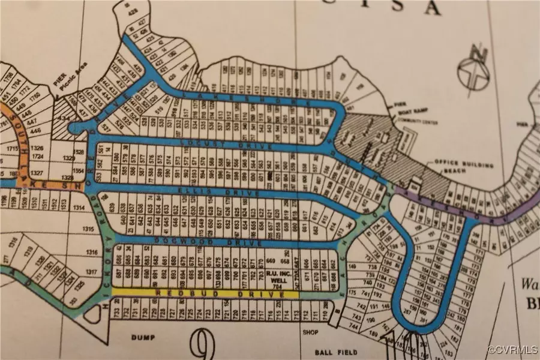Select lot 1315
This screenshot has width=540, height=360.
click(x=88, y=229)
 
